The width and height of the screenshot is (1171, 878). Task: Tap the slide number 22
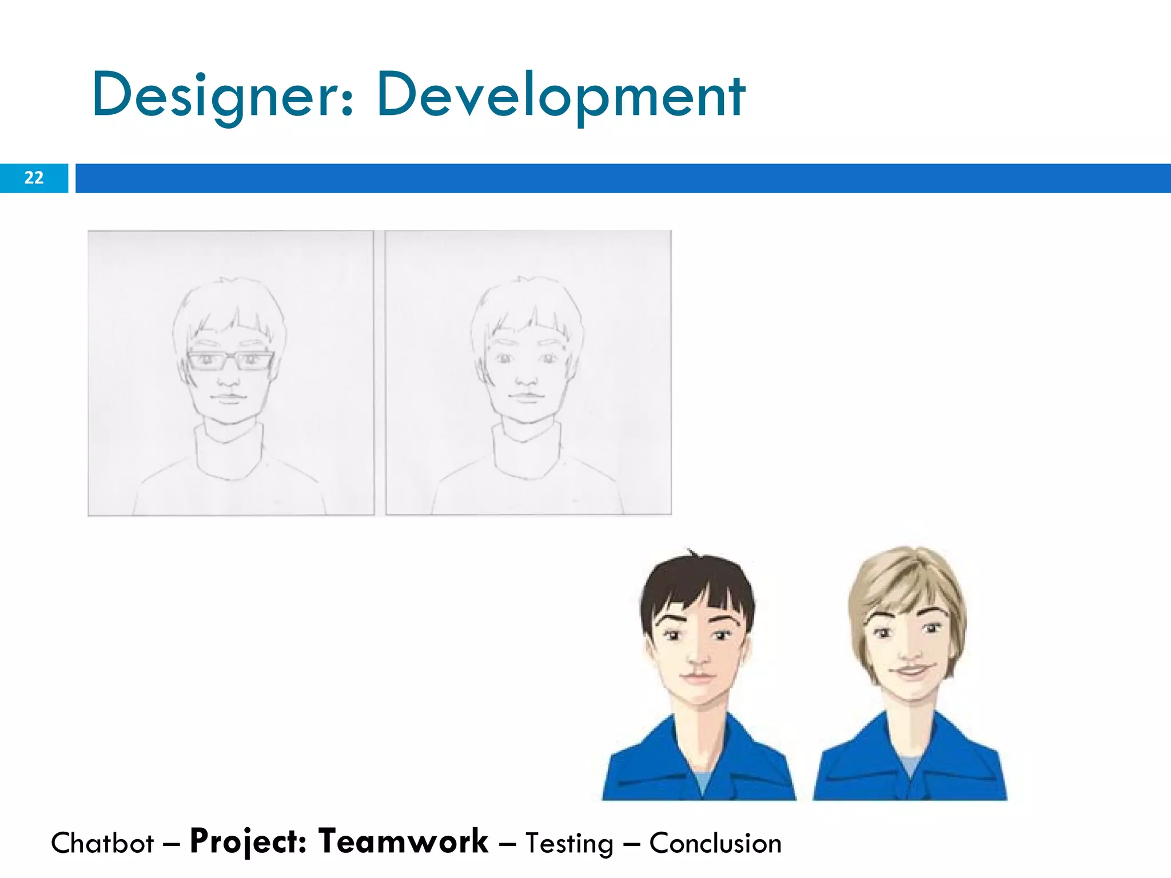34,178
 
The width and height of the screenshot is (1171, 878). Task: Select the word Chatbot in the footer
102,843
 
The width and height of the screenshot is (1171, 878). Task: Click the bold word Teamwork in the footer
403,841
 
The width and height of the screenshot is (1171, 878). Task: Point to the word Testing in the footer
569,844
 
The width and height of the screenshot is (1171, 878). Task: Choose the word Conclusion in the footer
715,843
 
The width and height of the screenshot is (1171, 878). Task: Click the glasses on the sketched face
230,361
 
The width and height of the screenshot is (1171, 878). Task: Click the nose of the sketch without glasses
527,378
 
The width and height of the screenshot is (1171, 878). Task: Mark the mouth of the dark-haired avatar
698,676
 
